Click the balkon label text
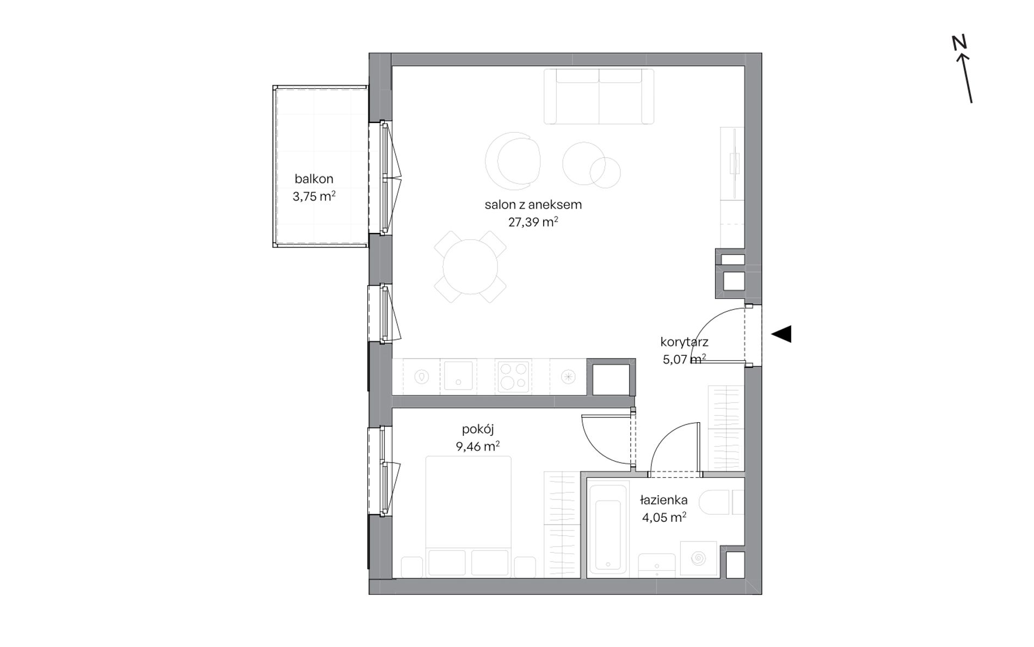(x=314, y=178)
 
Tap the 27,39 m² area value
(x=533, y=222)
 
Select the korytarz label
(x=684, y=342)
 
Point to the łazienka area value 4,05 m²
(x=664, y=517)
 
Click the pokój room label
(x=478, y=429)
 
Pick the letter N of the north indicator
(x=959, y=43)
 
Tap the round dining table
(x=470, y=267)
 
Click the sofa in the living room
(x=599, y=96)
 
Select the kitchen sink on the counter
(x=458, y=376)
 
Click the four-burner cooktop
(x=513, y=376)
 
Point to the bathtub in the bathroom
(x=609, y=527)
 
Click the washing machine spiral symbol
(x=697, y=558)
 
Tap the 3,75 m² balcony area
(x=314, y=196)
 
